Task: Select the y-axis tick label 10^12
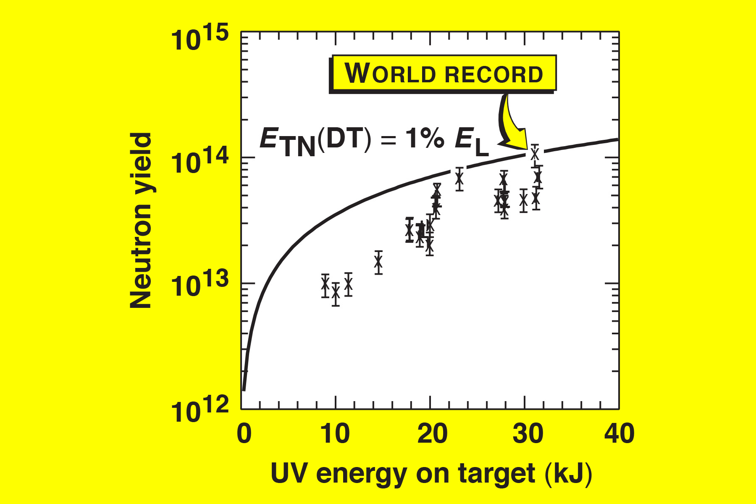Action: (x=199, y=409)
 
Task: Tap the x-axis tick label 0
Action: (x=244, y=433)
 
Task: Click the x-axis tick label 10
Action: (x=335, y=433)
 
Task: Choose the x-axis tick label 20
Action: (x=432, y=433)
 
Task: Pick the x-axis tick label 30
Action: (x=528, y=433)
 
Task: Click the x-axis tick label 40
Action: (x=619, y=433)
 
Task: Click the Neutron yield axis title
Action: (x=141, y=221)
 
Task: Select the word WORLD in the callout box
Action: (x=390, y=73)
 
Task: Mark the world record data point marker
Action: (x=535, y=154)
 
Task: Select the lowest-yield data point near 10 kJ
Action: (x=336, y=294)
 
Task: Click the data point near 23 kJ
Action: (x=459, y=179)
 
